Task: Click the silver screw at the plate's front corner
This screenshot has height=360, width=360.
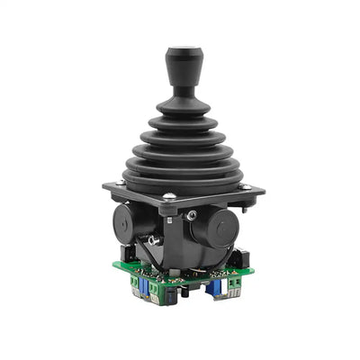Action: (168, 197)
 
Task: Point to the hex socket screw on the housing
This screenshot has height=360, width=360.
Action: (192, 215)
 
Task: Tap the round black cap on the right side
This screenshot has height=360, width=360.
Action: (217, 231)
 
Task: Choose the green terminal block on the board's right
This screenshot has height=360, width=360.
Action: (233, 283)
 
